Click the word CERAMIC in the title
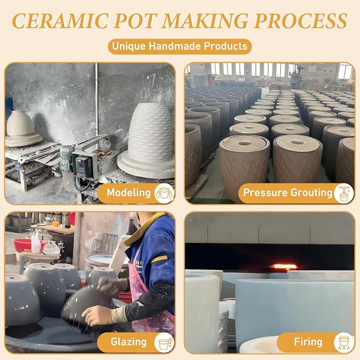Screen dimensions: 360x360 tap(60, 21)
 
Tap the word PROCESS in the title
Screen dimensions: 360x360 tap(301, 21)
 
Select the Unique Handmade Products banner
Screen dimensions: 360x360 tap(180, 46)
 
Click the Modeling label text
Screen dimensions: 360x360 tap(128, 192)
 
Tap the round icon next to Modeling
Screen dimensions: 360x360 tap(164, 194)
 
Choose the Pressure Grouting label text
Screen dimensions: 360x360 tap(288, 192)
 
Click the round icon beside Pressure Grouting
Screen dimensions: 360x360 tap(344, 194)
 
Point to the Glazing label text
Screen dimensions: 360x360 tap(128, 342)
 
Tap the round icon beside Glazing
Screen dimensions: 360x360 tap(164, 343)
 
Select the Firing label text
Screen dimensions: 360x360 tap(308, 342)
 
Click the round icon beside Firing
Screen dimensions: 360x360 tap(344, 343)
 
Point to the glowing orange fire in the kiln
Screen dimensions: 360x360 tap(284, 267)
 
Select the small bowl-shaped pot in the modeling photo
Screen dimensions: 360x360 tap(20, 123)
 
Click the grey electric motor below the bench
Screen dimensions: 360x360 tap(66, 158)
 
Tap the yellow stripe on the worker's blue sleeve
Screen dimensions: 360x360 tap(159, 259)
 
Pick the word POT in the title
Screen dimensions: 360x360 tap(135, 21)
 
